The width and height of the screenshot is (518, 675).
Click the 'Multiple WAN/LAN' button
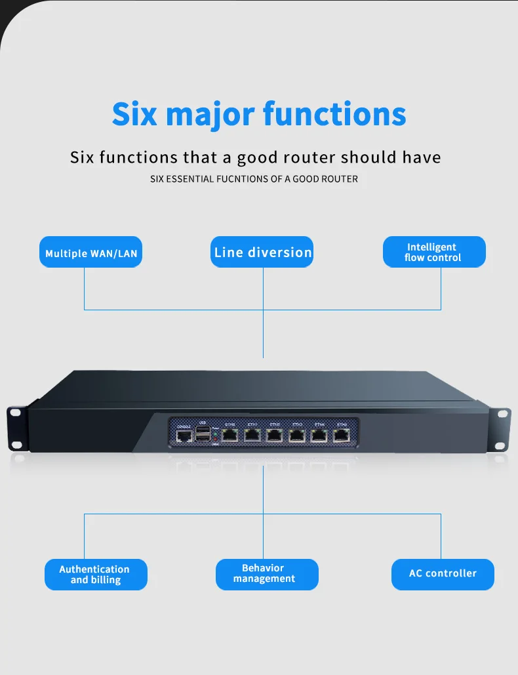(91, 253)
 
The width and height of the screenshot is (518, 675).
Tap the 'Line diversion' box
(262, 252)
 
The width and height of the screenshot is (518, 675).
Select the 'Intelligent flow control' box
(433, 252)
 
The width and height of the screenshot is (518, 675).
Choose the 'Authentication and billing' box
(95, 575)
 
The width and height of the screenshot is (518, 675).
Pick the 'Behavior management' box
(266, 574)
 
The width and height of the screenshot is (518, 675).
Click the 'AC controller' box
(443, 574)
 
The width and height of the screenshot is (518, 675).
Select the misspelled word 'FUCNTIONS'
(239, 178)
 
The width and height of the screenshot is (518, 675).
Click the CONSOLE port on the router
(184, 436)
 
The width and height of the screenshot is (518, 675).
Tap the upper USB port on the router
(203, 430)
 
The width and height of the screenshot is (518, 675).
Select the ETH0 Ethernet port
(230, 435)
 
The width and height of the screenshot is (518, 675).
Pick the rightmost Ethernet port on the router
(342, 435)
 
